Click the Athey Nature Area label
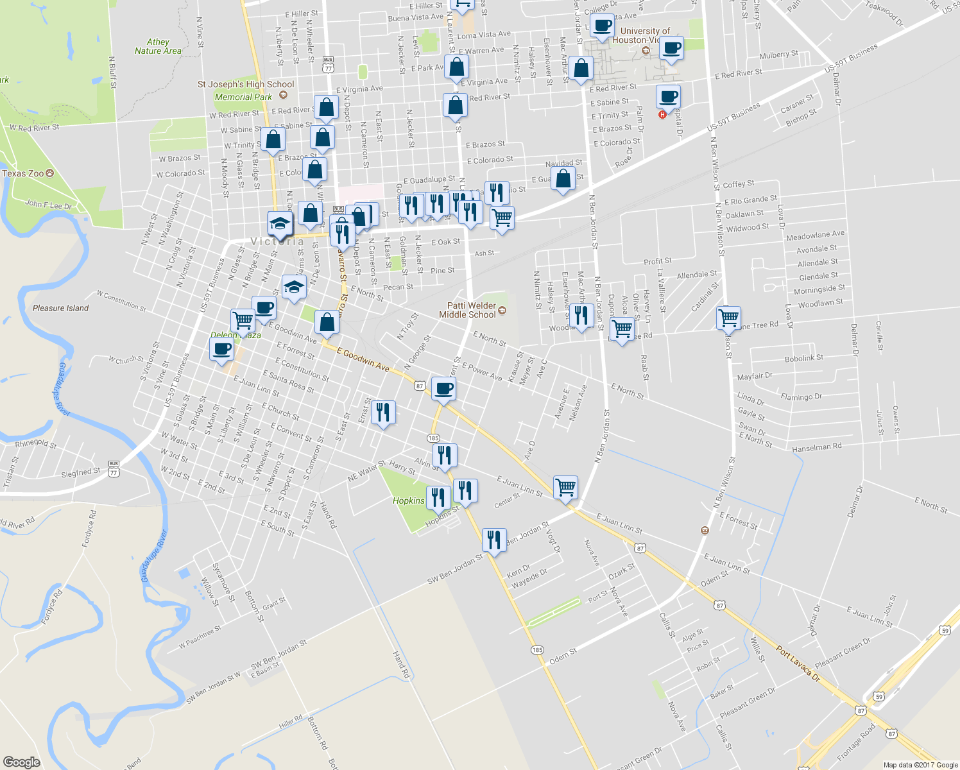(x=158, y=46)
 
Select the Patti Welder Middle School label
(x=468, y=310)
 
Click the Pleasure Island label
(x=61, y=308)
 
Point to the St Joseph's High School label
(x=246, y=84)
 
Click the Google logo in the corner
(x=21, y=762)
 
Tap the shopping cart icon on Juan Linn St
(x=565, y=487)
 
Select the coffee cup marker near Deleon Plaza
(x=221, y=349)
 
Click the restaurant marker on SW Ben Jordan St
(x=493, y=540)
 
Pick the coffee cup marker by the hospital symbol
(x=668, y=97)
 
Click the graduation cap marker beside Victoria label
(x=280, y=224)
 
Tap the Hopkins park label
(x=408, y=501)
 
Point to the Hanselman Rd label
(x=816, y=447)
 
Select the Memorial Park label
(x=243, y=97)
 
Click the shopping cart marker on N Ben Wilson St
(x=729, y=318)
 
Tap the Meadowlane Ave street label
(x=815, y=235)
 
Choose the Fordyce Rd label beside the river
(x=53, y=606)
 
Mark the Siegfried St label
(x=81, y=472)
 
